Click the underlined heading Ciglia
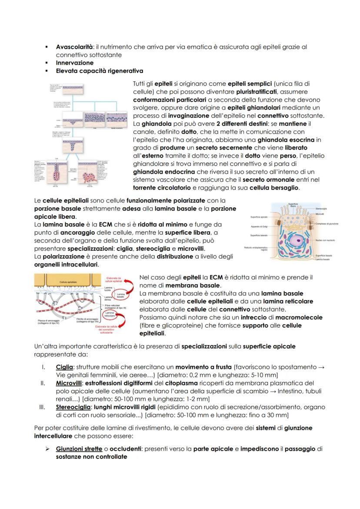64,367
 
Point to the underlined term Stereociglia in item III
73,407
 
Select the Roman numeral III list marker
42,407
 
